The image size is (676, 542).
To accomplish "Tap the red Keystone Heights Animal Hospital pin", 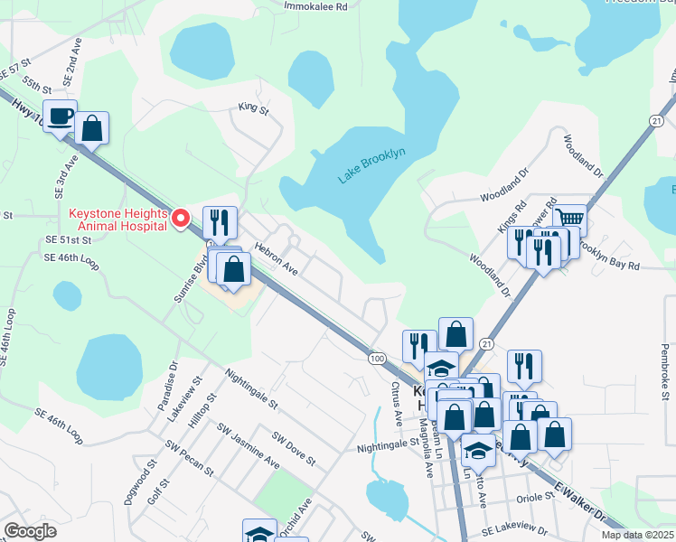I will coord(181,217).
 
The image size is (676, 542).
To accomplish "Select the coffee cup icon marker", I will coord(60,117).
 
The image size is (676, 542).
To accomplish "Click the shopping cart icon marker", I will coord(569,218).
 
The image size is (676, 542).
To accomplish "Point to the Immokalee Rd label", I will coord(315,6).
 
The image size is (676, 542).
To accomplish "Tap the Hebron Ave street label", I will coord(276,257).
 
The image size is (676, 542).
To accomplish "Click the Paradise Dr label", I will coord(173,382).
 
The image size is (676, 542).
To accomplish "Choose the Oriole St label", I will coord(535,496).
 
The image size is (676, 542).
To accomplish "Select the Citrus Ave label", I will coord(396,405).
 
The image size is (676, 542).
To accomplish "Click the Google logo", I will coord(30,531).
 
